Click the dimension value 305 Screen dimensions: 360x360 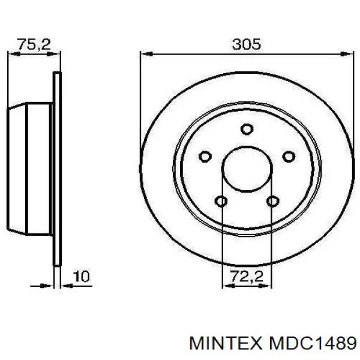tap(246, 44)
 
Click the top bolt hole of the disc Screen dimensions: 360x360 tap(247, 128)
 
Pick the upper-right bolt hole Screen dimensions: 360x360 tap(289, 157)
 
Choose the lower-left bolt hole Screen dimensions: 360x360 tap(221, 201)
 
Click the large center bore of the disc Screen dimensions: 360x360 tap(247, 170)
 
